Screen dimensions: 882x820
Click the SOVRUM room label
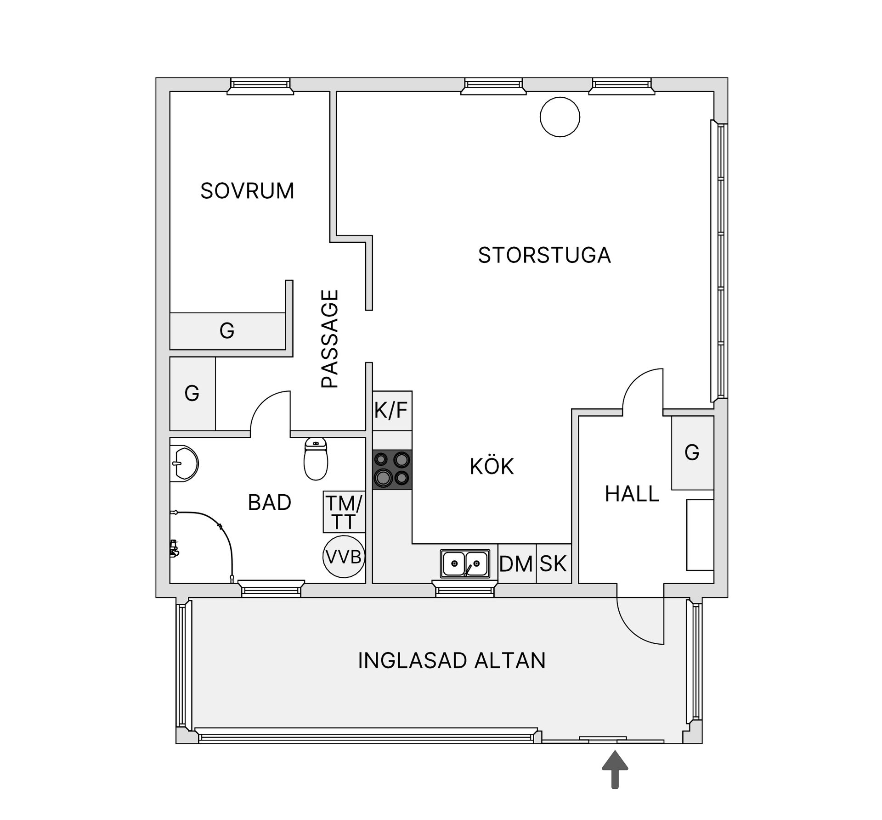(247, 191)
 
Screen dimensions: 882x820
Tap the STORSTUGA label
(544, 255)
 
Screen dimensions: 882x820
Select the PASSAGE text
(330, 339)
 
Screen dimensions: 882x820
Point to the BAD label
(270, 502)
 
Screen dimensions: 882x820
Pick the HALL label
(632, 494)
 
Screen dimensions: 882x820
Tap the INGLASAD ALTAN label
(452, 660)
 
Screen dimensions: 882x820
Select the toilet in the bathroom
(316, 458)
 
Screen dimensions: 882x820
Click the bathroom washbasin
(184, 463)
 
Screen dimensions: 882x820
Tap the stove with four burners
(392, 470)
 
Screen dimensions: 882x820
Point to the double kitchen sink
(465, 563)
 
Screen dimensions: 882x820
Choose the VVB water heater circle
(344, 557)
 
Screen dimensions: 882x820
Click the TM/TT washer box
(344, 512)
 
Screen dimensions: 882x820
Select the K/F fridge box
(392, 411)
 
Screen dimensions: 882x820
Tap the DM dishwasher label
(516, 564)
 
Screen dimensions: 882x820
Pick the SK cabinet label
(553, 564)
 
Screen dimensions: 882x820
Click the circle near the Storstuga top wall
(560, 117)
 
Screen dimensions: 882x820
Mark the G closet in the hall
(692, 453)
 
